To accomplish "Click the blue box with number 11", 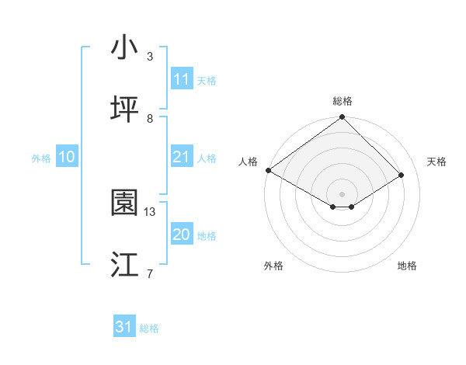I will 181,79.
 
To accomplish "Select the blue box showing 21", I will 181,157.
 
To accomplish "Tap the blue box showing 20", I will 181,235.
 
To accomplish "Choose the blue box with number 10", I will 67,157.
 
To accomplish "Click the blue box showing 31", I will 124,327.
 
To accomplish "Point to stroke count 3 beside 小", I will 150,57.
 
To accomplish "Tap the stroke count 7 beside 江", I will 150,273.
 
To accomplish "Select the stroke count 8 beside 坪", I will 150,118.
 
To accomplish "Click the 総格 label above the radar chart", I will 342,101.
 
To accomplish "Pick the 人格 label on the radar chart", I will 248,162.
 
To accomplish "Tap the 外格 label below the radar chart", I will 273,266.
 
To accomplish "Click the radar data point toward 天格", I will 402,176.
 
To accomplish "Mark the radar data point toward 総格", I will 342,118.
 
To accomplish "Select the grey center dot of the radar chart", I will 342,193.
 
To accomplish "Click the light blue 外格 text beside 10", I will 41,158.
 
